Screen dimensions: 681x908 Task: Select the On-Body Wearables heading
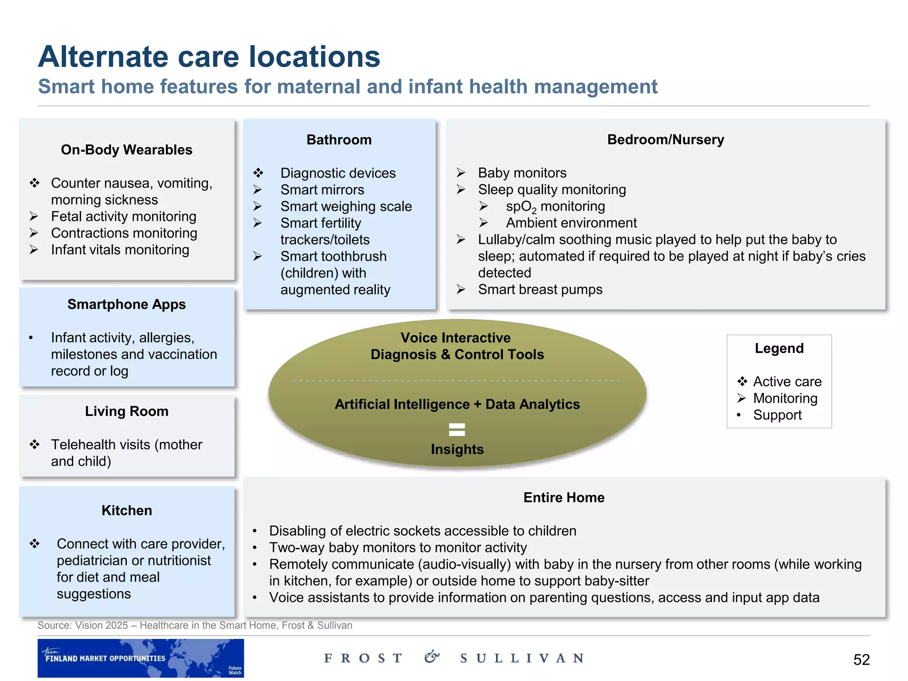(x=126, y=150)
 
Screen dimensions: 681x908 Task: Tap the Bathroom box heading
(x=339, y=140)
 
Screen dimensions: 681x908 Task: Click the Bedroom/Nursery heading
(x=665, y=140)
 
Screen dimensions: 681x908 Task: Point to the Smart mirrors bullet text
(x=322, y=190)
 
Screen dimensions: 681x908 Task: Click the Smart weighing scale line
(x=346, y=207)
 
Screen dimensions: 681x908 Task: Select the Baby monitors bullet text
(x=522, y=173)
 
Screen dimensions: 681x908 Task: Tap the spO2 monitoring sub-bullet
(x=555, y=207)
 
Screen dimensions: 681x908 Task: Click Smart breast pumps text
(x=540, y=290)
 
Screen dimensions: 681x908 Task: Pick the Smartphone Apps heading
(x=126, y=305)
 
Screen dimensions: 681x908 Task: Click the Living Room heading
(x=126, y=411)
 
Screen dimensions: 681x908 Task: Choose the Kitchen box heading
(x=126, y=510)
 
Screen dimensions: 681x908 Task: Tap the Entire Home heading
(x=564, y=497)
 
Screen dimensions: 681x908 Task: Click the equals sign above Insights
(x=457, y=429)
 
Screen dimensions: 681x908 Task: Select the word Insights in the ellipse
(x=457, y=449)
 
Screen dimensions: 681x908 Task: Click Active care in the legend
(x=787, y=382)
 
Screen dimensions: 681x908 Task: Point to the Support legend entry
(x=777, y=415)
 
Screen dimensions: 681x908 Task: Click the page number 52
(x=861, y=660)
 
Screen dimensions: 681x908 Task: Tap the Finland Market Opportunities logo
(x=141, y=658)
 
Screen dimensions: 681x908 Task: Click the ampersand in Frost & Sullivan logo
(x=431, y=657)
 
